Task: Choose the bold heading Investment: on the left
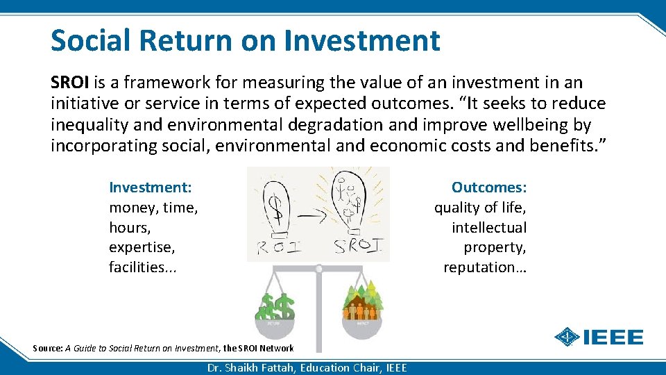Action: coord(151,187)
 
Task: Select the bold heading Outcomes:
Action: coord(489,187)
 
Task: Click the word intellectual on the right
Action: coord(489,228)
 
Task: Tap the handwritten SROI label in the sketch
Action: coord(357,247)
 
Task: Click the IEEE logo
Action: coord(599,337)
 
